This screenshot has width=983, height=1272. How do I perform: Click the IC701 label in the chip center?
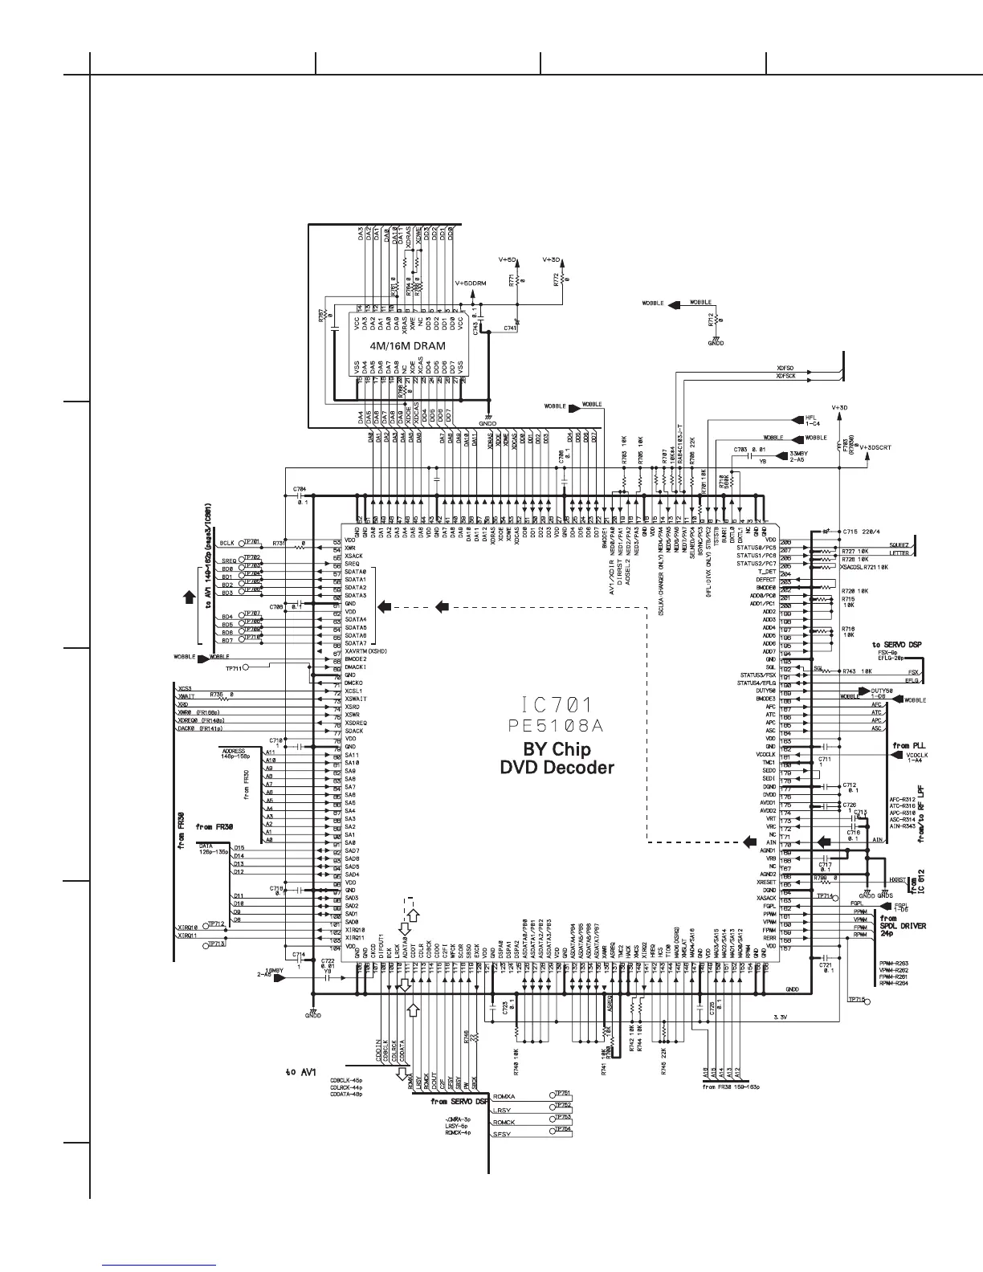tap(557, 706)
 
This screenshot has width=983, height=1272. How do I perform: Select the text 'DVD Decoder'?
tap(557, 767)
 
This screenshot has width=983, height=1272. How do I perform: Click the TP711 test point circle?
tap(247, 667)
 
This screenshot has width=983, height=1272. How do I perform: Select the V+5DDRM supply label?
tap(471, 283)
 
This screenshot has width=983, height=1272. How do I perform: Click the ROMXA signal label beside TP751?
tap(506, 1096)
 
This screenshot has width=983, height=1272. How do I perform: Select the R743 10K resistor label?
tap(856, 671)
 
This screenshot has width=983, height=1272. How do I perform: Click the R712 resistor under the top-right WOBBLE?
tap(712, 320)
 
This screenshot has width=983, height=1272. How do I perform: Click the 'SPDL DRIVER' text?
tap(903, 926)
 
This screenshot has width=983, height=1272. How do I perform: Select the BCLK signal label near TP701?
tap(226, 543)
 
